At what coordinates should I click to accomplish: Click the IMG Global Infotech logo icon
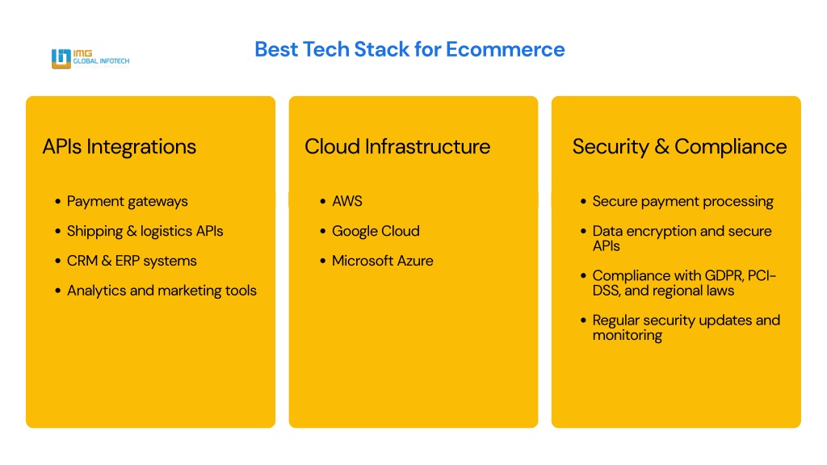61,58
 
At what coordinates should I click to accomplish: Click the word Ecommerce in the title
506,49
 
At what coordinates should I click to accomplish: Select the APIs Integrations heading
120,147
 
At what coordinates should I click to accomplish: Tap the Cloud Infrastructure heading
397,147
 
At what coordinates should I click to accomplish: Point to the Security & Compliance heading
679,147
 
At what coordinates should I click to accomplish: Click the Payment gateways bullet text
127,201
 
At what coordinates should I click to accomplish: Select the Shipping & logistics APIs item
145,231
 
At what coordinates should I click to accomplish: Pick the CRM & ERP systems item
132,261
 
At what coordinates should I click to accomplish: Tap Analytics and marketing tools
162,291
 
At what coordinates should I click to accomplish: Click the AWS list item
347,201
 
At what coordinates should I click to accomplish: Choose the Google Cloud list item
376,231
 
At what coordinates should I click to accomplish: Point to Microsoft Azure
382,261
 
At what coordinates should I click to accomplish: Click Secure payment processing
683,201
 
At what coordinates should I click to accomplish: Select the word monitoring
627,335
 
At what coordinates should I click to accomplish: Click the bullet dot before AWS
323,201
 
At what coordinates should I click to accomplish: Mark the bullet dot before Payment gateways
57,201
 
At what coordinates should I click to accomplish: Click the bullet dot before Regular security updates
583,320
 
